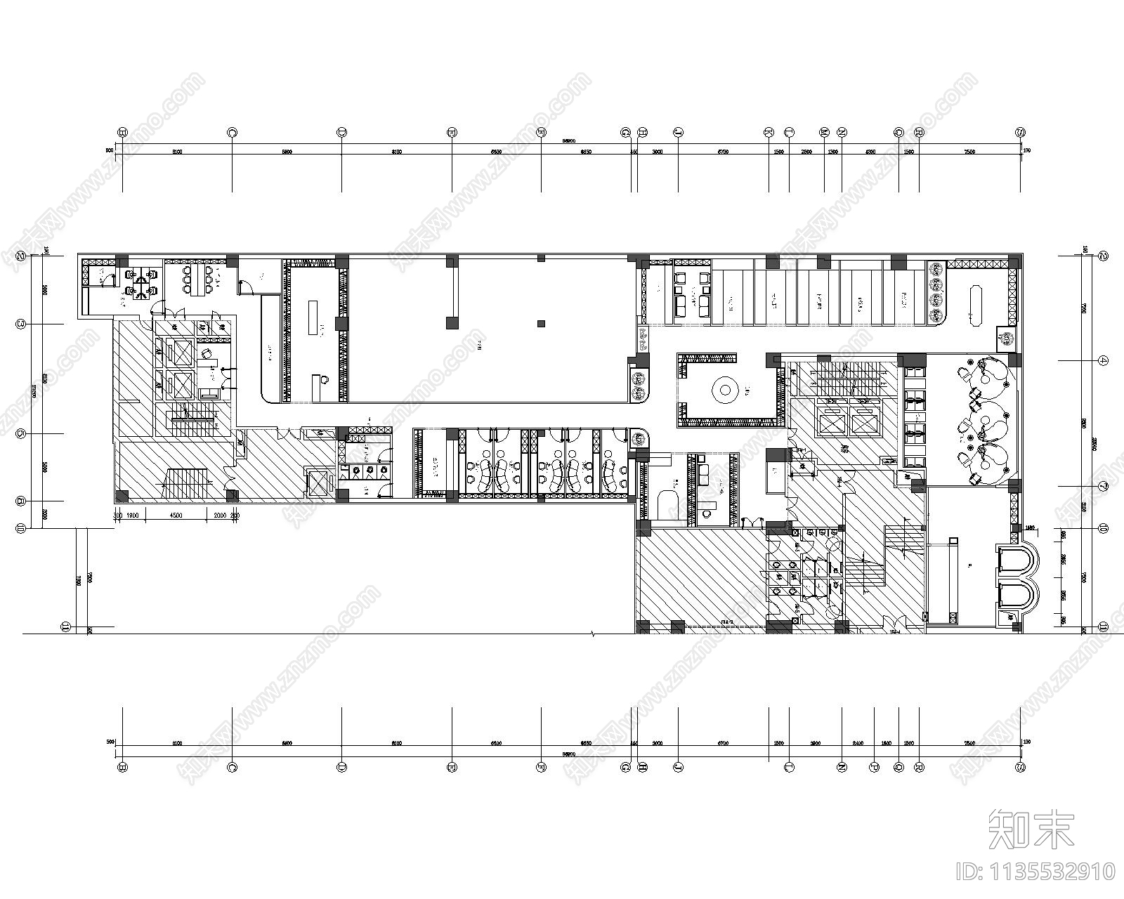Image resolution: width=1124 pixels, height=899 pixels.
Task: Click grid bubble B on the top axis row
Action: point(123,131)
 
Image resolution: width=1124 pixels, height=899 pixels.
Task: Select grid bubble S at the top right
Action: point(1020,131)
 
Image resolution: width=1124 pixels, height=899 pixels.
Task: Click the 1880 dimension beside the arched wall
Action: point(1031,527)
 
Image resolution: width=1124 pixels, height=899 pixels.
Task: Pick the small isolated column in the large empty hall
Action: point(541,324)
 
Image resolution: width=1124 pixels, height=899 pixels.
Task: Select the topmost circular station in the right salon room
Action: point(991,372)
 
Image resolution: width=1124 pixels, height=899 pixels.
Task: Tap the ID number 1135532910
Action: point(1036,872)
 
